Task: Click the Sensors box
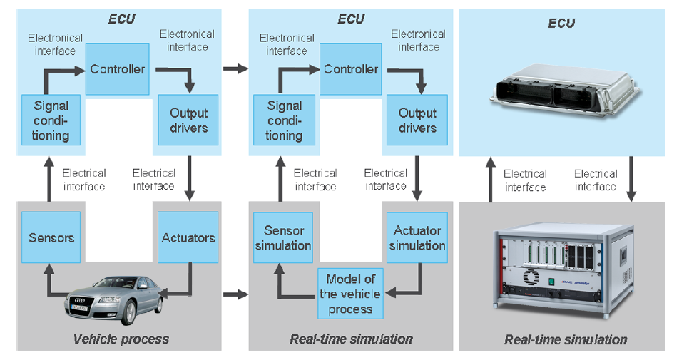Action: [x=51, y=237]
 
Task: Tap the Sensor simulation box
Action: [x=283, y=238]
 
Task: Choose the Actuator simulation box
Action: [x=417, y=238]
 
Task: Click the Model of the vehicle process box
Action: [x=350, y=293]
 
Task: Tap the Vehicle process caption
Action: [x=121, y=339]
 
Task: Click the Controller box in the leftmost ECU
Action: [x=118, y=69]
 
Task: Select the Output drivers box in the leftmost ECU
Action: [x=189, y=120]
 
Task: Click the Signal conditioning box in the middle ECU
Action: [x=285, y=120]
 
